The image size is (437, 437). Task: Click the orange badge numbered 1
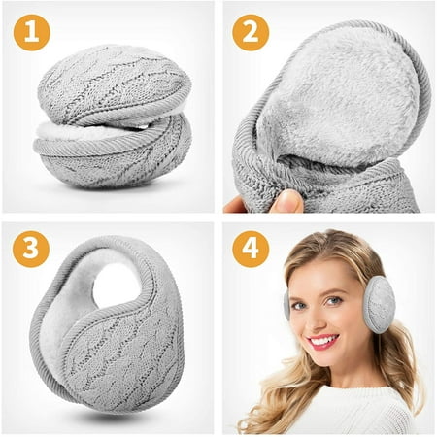(32, 32)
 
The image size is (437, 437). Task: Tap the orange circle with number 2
(251, 32)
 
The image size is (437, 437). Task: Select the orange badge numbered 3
(31, 249)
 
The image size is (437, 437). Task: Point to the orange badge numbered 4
(251, 249)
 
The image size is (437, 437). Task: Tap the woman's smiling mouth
(323, 342)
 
